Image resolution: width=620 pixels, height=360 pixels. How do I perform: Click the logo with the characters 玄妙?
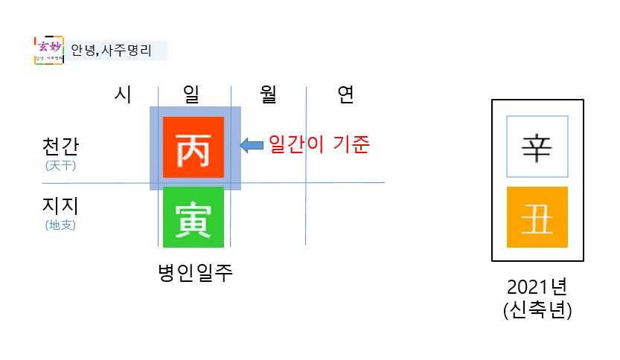tap(49, 50)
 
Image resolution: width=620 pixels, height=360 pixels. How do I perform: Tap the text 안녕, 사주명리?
tap(111, 51)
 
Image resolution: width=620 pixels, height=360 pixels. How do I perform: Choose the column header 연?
tap(345, 94)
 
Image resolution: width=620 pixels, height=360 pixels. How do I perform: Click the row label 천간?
tap(60, 146)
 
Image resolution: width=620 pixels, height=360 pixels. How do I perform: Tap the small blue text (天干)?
tap(60, 165)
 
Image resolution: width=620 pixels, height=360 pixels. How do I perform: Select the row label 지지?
tap(60, 205)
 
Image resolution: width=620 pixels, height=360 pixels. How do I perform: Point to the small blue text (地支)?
tap(60, 224)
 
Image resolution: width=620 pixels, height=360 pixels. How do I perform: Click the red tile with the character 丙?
tap(193, 147)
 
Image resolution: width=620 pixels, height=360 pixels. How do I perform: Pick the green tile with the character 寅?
tap(193, 216)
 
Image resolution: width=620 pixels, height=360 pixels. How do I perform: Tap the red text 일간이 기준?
tap(319, 144)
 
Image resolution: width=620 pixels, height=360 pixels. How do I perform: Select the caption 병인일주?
tap(196, 272)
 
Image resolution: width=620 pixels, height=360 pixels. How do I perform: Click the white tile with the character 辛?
tap(537, 147)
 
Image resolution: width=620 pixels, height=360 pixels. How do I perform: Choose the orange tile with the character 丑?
tap(537, 217)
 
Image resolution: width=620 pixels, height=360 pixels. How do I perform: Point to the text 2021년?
tap(537, 287)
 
